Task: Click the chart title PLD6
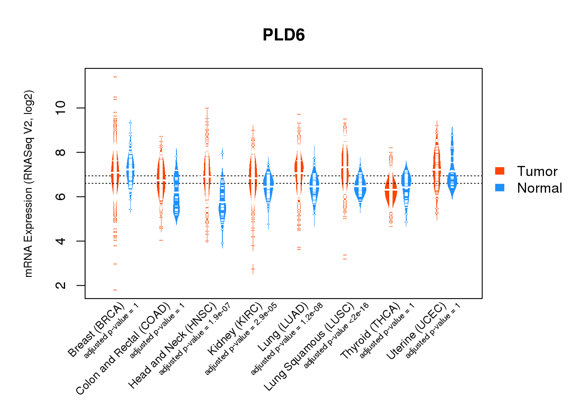284,35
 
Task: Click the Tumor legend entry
537,171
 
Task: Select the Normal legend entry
539,188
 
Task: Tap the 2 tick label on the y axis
61,285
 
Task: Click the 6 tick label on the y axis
61,196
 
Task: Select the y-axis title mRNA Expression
28,183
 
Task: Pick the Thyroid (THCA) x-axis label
370,332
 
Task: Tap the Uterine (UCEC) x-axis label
416,332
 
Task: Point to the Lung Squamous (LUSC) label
309,347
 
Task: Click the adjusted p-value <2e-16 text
336,336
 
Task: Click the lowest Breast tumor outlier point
115,290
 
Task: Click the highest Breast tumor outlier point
115,77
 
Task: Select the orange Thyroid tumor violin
391,190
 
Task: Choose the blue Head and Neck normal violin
222,208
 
